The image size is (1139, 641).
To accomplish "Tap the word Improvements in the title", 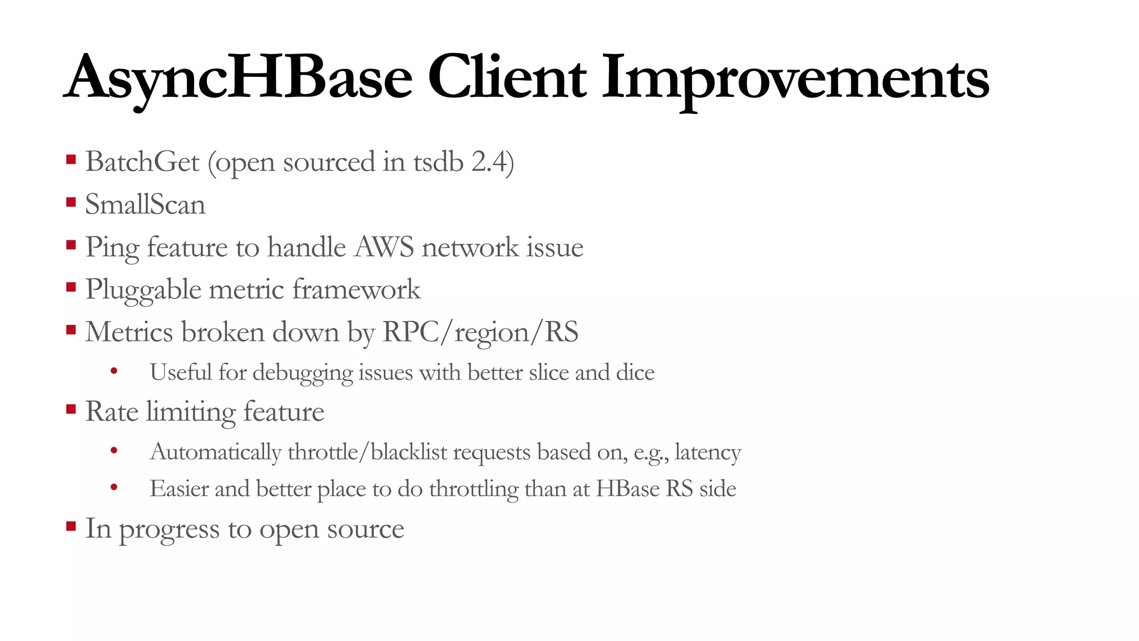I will click(x=795, y=78).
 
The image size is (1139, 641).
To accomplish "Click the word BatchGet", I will click(x=142, y=162).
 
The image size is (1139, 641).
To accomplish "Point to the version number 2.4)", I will click(x=492, y=162).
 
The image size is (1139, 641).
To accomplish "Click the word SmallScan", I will click(x=145, y=204).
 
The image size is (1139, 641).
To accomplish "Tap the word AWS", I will click(x=384, y=247).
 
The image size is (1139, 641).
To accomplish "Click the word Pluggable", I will click(x=143, y=290).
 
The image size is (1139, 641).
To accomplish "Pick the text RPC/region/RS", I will click(x=481, y=332).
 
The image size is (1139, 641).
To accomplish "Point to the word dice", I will click(x=635, y=372).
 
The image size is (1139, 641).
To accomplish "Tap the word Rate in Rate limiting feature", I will click(x=111, y=412).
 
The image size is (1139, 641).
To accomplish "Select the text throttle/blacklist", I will click(x=368, y=452).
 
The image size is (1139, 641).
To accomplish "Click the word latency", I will click(x=707, y=452).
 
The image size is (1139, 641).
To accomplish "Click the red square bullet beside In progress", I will click(x=71, y=526).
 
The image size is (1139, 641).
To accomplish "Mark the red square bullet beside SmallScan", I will click(x=71, y=203).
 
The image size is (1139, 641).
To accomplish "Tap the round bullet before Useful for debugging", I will click(x=114, y=371).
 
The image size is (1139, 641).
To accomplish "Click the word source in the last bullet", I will click(x=365, y=529).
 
